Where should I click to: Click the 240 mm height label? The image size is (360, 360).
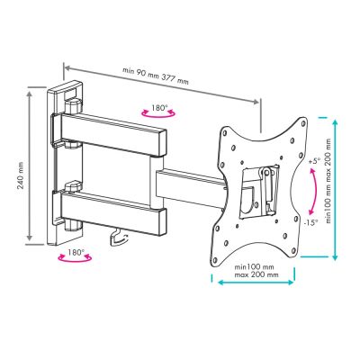pyautogui.click(x=21, y=175)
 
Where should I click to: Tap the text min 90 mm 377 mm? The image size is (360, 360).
pyautogui.click(x=156, y=76)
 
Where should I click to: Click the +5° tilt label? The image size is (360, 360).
pyautogui.click(x=314, y=161)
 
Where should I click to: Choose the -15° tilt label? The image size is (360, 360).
pyautogui.click(x=311, y=223)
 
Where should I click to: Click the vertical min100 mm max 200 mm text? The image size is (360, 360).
pyautogui.click(x=329, y=181)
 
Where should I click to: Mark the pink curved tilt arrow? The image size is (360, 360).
pyautogui.click(x=316, y=192)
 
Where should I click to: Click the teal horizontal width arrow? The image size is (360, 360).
pyautogui.click(x=256, y=283)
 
